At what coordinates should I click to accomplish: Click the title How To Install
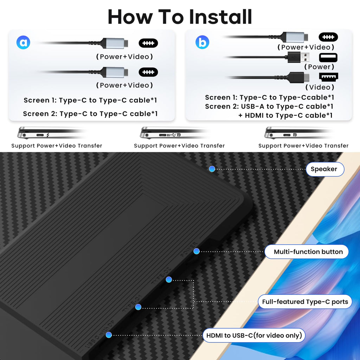(180, 17)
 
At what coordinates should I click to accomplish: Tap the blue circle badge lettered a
(23, 43)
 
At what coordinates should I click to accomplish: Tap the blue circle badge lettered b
(202, 42)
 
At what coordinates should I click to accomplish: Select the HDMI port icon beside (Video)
(328, 77)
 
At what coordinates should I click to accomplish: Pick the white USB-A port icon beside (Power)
(328, 57)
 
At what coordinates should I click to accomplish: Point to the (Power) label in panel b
(319, 67)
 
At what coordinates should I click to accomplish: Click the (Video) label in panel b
(320, 87)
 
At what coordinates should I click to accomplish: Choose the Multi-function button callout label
(308, 252)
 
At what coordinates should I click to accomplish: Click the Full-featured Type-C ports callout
(305, 302)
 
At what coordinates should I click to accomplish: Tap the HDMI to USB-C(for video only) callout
(254, 335)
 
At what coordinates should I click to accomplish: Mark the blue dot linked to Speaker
(212, 169)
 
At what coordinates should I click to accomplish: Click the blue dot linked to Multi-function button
(197, 251)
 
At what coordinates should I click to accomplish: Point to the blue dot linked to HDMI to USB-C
(109, 335)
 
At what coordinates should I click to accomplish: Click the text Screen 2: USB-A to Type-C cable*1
(269, 106)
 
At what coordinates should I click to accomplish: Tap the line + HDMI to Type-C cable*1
(285, 115)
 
